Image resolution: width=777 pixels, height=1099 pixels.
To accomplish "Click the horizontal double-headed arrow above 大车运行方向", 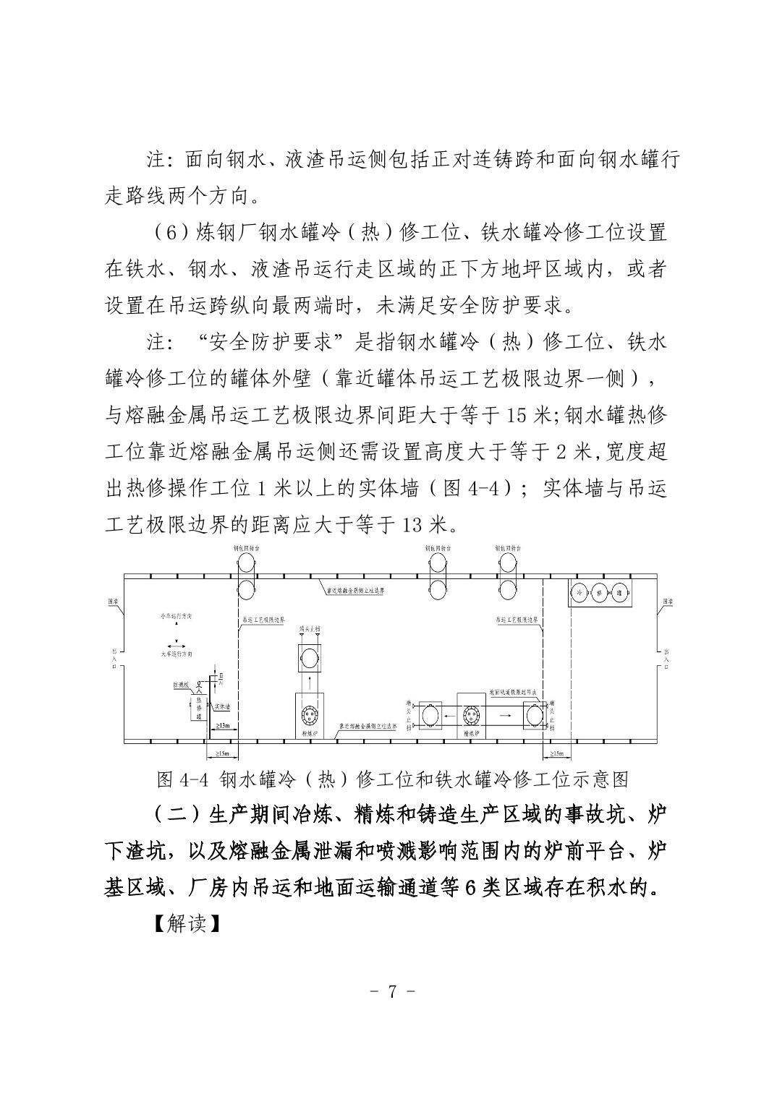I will pos(174,643).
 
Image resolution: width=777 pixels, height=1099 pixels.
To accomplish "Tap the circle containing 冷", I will pos(579,591).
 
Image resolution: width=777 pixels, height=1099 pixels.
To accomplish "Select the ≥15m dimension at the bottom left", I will pos(222,754).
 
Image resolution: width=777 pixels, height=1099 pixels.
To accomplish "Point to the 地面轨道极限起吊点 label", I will pos(514,691).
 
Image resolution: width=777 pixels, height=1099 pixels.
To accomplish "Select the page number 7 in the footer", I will pos(391,990).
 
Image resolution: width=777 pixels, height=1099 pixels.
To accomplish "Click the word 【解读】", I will pos(187,923).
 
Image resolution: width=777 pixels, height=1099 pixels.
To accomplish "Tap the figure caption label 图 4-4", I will pos(181,779).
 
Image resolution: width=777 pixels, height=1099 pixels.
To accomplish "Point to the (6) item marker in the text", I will pos(168,233).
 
